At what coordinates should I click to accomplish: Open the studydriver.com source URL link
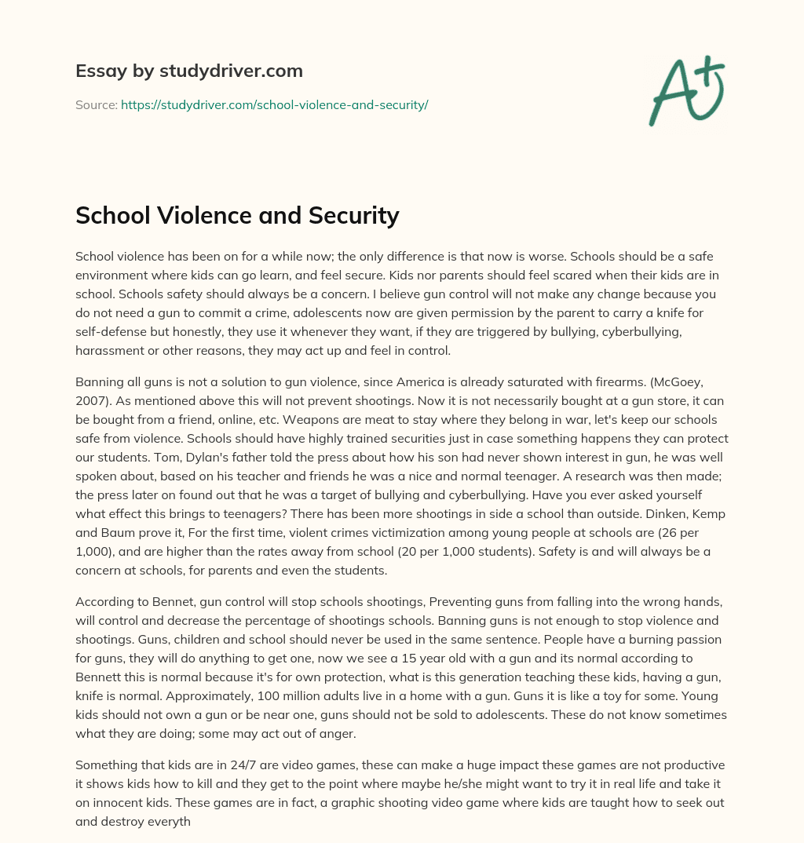[274, 104]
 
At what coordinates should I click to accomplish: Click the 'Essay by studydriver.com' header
[188, 71]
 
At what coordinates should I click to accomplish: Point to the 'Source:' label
[97, 104]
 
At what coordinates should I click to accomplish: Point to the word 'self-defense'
[111, 333]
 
